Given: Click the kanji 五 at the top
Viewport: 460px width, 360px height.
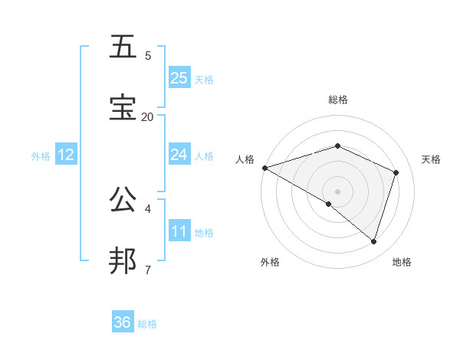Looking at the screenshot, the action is click(124, 47).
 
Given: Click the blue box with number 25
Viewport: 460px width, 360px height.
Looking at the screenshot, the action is click(179, 77).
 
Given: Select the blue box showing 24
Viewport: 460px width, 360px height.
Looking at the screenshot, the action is click(179, 155).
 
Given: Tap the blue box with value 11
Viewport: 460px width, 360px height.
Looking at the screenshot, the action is click(179, 231).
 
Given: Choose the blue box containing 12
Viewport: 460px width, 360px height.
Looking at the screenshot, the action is click(66, 155).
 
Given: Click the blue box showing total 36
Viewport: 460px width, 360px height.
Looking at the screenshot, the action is click(123, 322).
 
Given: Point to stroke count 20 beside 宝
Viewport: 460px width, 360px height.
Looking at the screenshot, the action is click(147, 116).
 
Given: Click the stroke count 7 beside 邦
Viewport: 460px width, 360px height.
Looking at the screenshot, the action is click(147, 270).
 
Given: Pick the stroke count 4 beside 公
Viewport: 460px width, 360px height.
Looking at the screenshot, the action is click(147, 208).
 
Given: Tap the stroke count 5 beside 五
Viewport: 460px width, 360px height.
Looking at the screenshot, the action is click(147, 55).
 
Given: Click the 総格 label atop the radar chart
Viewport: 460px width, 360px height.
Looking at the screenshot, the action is click(337, 100).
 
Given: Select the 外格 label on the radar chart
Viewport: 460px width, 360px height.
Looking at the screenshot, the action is click(270, 262).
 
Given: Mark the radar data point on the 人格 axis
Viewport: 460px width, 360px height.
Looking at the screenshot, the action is click(264, 168).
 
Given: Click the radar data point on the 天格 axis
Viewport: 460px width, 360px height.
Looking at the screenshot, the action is click(396, 172).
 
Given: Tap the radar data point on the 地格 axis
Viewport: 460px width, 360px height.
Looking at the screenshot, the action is click(373, 241).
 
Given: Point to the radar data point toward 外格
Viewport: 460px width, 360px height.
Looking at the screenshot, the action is click(329, 204).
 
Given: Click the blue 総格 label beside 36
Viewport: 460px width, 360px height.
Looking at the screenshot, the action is click(147, 324).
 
